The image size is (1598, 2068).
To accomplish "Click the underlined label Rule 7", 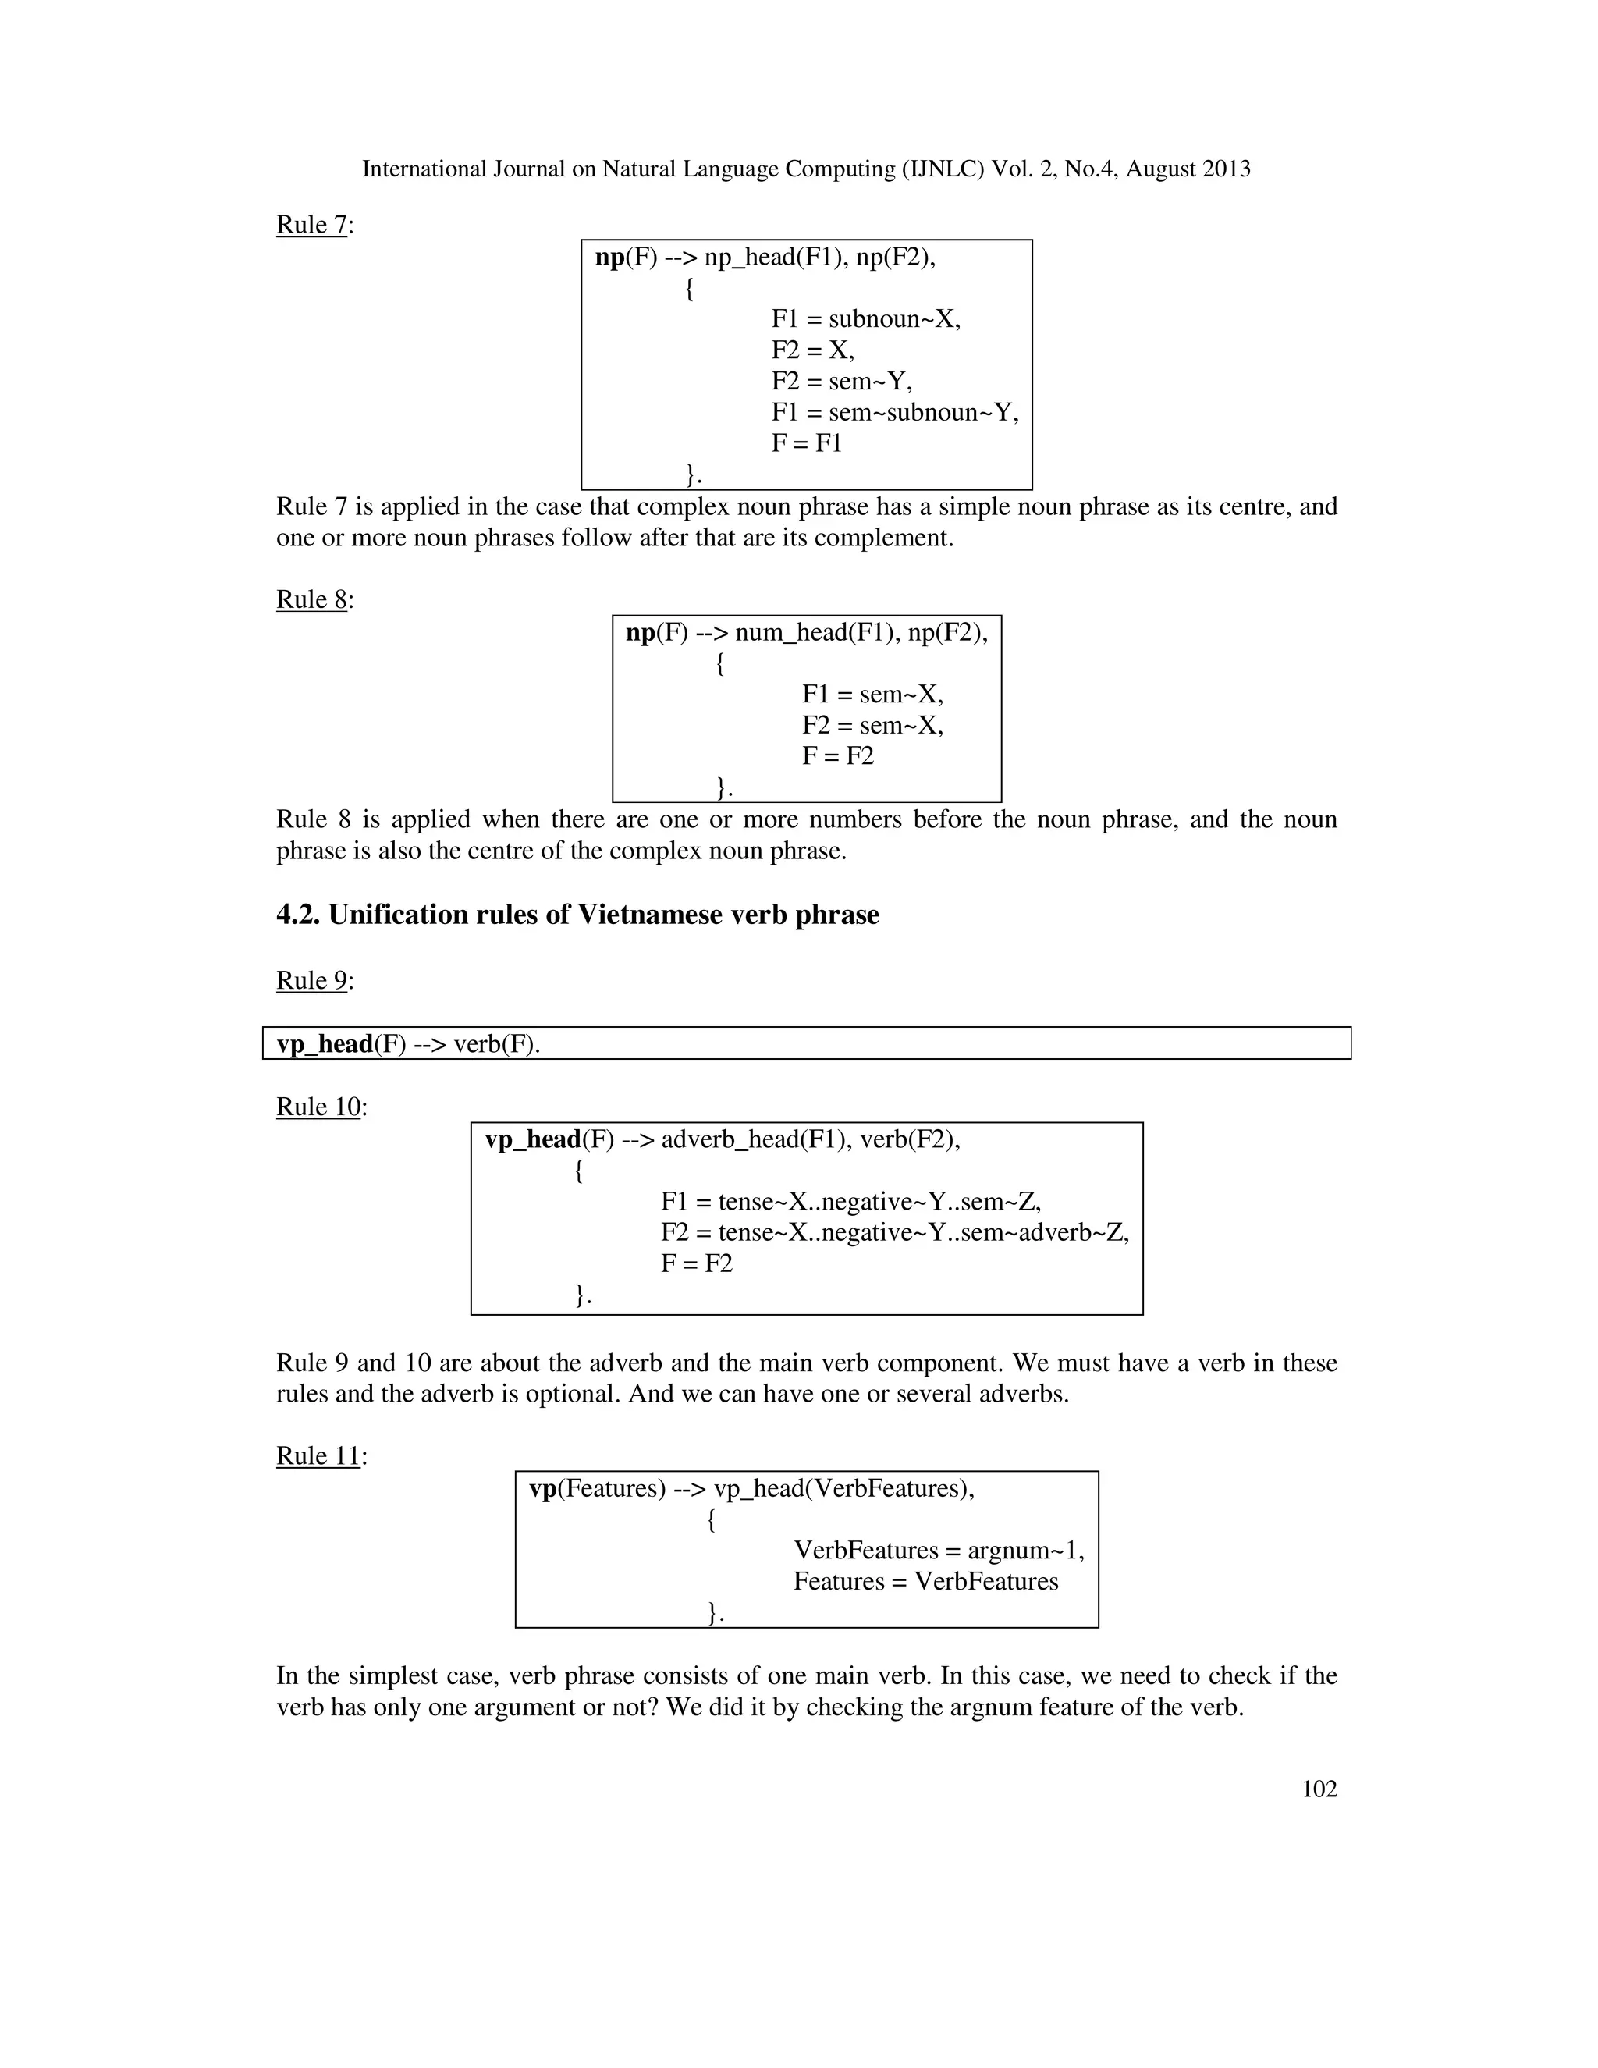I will [x=311, y=225].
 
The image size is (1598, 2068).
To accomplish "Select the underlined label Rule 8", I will [x=311, y=599].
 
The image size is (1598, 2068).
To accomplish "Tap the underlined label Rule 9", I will [x=311, y=980].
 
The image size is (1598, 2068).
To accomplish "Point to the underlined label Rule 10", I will [x=318, y=1107].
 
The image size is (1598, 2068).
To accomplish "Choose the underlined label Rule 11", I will [x=318, y=1455].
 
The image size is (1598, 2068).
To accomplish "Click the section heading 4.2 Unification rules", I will [x=577, y=915].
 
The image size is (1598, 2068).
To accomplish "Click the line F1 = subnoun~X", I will [x=865, y=319].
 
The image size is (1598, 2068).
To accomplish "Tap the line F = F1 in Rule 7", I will [x=805, y=443].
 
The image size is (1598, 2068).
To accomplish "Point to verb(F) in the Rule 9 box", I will [x=496, y=1043].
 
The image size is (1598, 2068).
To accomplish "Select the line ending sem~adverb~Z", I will [x=895, y=1233].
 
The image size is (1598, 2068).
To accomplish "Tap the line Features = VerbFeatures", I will [x=925, y=1581].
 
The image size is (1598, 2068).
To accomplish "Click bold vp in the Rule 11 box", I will [x=542, y=1488].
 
